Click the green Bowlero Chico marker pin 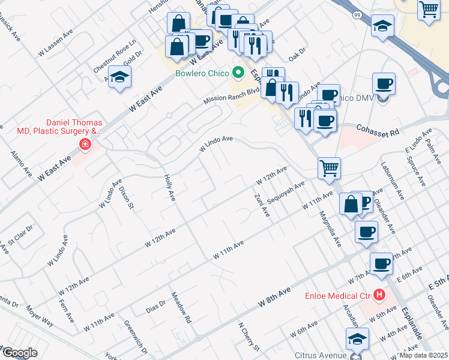point(238,73)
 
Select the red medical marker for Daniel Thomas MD point(85,145)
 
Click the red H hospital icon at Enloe point(379,295)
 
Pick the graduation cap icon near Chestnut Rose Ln point(120,77)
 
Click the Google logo point(19,353)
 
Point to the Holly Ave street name point(169,187)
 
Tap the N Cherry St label point(249,336)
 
